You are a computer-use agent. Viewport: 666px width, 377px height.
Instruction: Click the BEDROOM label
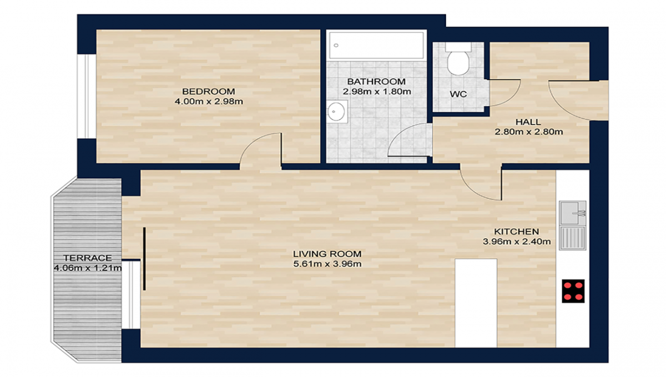209,92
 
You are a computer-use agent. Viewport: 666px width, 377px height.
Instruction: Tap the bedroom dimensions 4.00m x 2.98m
209,102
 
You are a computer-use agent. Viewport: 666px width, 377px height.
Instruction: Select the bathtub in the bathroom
376,45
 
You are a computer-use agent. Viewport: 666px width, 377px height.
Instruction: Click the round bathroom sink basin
336,112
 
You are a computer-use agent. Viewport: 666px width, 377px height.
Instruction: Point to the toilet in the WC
458,59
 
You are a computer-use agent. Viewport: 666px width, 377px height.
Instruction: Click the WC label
458,94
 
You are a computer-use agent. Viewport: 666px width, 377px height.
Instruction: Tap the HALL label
528,122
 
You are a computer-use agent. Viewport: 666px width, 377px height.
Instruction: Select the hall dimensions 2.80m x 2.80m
528,132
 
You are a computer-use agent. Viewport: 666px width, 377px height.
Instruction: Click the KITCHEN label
517,231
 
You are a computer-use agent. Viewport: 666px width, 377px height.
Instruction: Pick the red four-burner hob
573,291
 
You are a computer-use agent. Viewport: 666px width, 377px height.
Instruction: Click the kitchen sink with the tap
572,213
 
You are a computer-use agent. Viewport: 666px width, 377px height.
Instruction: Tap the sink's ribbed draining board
572,238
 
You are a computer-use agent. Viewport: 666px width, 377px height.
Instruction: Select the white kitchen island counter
476,303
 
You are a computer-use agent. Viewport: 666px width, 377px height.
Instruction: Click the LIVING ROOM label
327,254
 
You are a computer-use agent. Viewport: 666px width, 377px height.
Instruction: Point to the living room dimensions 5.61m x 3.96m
327,264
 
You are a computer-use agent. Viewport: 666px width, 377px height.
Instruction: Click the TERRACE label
88,258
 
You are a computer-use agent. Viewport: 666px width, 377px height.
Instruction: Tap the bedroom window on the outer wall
87,97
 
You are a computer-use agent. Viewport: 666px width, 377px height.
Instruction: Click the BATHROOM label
376,82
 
